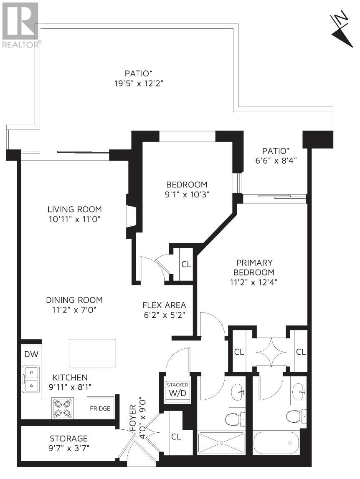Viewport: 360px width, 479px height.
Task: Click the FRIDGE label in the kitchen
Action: click(100, 408)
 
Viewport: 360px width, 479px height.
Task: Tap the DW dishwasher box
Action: click(31, 354)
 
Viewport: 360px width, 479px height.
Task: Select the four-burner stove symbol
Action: click(62, 408)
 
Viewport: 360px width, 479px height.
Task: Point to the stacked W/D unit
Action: click(177, 389)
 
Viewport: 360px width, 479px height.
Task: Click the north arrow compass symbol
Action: click(342, 29)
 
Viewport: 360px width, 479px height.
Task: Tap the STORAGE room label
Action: click(69, 439)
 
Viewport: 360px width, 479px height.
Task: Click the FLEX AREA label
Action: click(164, 305)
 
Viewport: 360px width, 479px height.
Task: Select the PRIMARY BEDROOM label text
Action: click(254, 267)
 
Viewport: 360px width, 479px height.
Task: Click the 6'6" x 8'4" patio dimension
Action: click(276, 160)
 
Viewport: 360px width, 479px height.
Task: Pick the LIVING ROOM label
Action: click(74, 209)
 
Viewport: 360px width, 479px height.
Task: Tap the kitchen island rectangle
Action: click(92, 353)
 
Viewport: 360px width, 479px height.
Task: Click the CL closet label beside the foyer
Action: click(176, 436)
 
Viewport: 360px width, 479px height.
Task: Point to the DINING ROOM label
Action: click(74, 300)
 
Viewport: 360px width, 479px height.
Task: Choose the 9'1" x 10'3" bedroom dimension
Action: click(187, 194)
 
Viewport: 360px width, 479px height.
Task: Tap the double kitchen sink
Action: click(30, 379)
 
